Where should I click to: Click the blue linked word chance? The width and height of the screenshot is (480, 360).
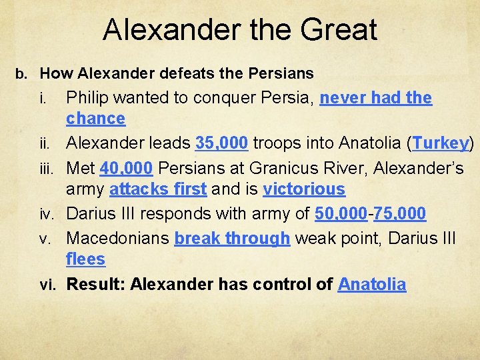pyautogui.click(x=95, y=119)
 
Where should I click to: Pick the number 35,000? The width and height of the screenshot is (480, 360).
pyautogui.click(x=222, y=143)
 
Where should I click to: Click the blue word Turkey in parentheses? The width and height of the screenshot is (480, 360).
pyautogui.click(x=441, y=143)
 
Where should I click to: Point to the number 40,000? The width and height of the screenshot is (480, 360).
pyautogui.click(x=126, y=167)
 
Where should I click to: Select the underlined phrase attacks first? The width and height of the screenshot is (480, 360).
pyautogui.click(x=157, y=189)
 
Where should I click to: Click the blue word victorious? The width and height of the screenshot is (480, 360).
pyautogui.click(x=304, y=189)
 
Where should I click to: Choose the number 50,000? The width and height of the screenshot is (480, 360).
pyautogui.click(x=341, y=214)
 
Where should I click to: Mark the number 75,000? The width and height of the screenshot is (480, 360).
pyautogui.click(x=400, y=214)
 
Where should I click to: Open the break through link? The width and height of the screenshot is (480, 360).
pyautogui.click(x=232, y=238)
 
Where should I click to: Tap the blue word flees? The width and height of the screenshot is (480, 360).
pyautogui.click(x=85, y=259)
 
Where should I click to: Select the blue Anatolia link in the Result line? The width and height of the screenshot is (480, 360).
pyautogui.click(x=372, y=285)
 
